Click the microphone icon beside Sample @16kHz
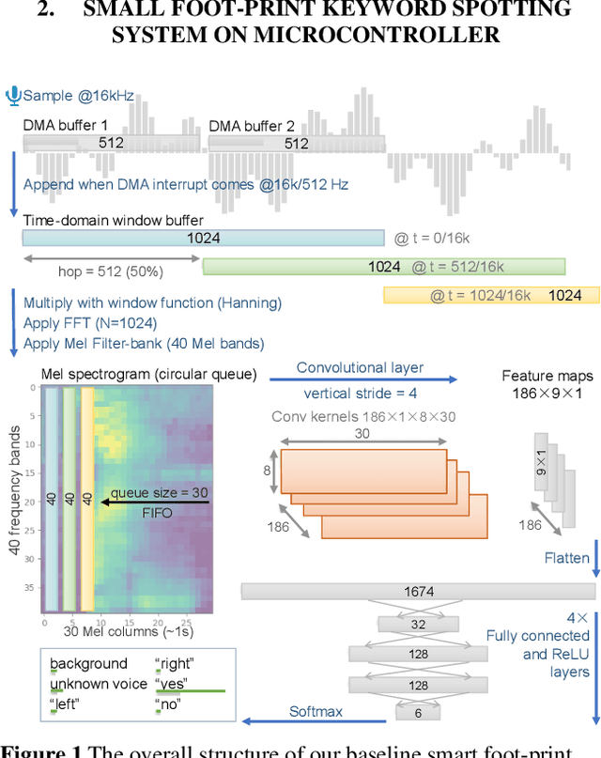[x=13, y=95]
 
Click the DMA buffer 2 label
[x=251, y=126]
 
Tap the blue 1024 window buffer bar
[x=204, y=239]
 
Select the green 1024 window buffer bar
[x=384, y=267]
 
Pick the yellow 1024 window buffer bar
[x=491, y=295]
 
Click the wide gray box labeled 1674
[x=418, y=591]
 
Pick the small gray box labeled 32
[x=418, y=623]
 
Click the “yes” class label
[x=172, y=683]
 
